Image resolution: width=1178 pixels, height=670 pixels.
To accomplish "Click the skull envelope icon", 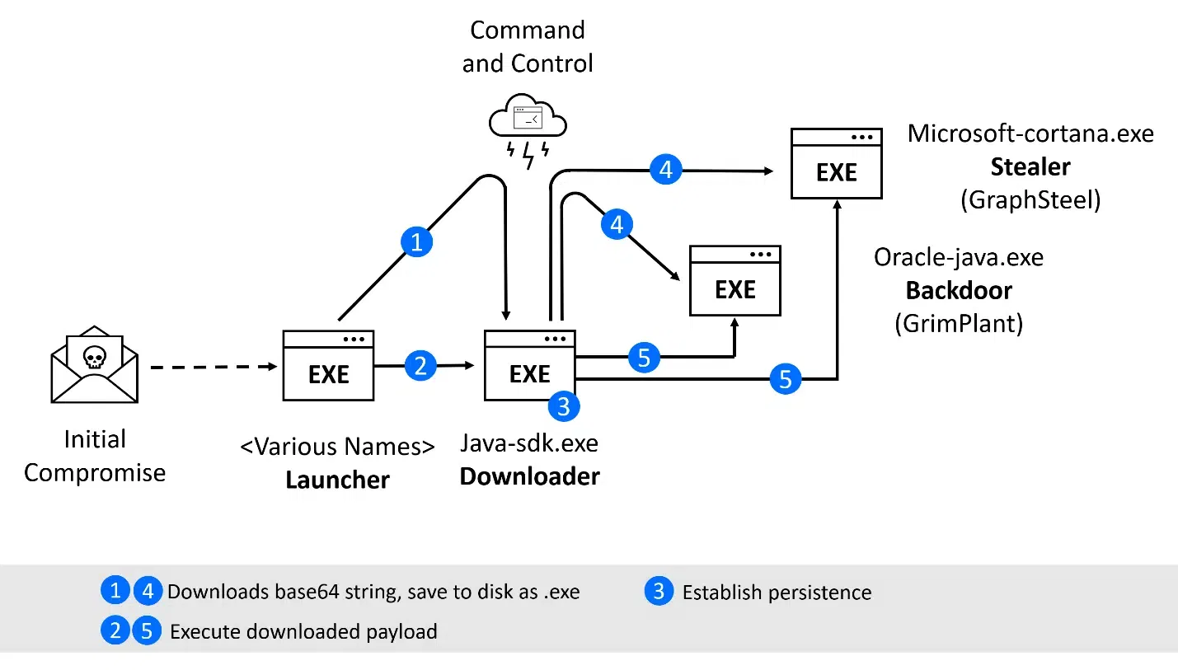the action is [x=95, y=364].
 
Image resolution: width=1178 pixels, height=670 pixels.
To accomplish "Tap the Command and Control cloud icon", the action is [x=528, y=131].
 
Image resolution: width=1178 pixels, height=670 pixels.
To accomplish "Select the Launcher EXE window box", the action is [x=328, y=366].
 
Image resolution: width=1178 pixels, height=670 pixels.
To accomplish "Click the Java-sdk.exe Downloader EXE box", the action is [x=529, y=366].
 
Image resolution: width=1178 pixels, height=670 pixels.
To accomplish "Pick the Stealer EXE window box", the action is [x=836, y=163].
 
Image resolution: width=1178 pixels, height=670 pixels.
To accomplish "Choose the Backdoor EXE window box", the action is [x=735, y=281].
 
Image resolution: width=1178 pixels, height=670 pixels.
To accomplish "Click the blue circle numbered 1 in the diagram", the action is [x=416, y=242].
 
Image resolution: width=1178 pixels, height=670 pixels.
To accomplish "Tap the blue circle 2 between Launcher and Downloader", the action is [x=420, y=366].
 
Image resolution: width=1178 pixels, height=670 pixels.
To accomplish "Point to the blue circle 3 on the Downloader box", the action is [x=564, y=406].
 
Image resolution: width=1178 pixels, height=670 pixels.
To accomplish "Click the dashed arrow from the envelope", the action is [x=214, y=367].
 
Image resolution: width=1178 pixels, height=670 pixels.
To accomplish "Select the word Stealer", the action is [x=1030, y=166].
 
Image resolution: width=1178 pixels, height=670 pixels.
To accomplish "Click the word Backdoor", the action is [x=959, y=290].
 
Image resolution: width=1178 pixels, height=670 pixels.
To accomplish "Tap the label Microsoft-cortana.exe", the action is [x=1030, y=134].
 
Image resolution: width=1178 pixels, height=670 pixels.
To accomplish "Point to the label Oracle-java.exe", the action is [x=959, y=257].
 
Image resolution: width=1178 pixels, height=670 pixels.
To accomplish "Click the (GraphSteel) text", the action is [x=1030, y=199].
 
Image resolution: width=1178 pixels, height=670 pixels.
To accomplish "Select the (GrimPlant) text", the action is [x=959, y=323].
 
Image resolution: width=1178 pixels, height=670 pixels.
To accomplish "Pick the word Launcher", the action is [x=338, y=480].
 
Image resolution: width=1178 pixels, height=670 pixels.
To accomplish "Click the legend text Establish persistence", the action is [x=777, y=593].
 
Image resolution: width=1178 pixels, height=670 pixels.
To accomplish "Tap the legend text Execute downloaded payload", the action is [x=303, y=631].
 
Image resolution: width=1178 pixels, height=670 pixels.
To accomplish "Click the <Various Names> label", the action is [x=338, y=447].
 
